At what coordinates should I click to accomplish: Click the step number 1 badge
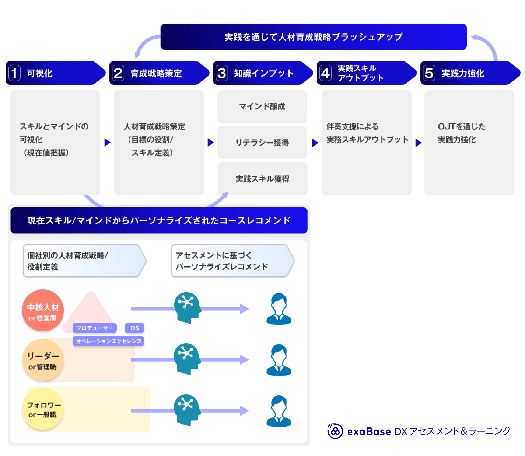click(x=14, y=73)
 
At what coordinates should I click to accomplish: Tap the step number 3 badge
click(x=222, y=73)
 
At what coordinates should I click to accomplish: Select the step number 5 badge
click(x=429, y=73)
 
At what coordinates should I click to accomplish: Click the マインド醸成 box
click(x=262, y=106)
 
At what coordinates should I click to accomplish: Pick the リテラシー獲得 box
click(x=262, y=143)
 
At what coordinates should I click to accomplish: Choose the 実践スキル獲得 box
click(x=262, y=179)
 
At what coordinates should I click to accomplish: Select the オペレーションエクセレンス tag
click(x=108, y=341)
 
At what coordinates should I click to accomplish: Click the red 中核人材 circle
click(x=43, y=310)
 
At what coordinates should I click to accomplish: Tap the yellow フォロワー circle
click(x=43, y=409)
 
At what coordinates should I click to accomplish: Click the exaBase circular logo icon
click(x=335, y=431)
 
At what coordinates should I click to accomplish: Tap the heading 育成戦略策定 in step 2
click(x=156, y=73)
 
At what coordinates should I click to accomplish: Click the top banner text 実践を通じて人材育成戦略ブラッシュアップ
click(x=313, y=37)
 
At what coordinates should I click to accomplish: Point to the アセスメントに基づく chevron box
click(x=232, y=261)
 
